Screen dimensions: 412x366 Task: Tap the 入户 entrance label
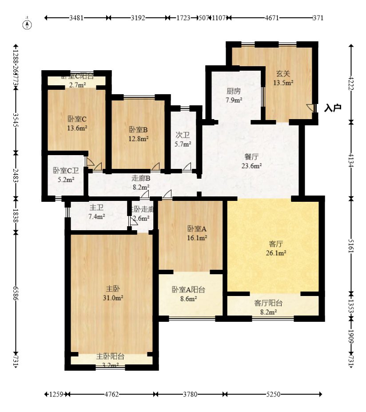click(x=332, y=108)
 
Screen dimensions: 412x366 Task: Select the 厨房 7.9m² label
click(x=234, y=96)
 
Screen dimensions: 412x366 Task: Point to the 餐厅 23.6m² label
click(x=251, y=161)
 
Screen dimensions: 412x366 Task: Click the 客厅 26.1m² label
click(x=276, y=248)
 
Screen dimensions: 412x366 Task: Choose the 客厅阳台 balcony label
click(x=268, y=308)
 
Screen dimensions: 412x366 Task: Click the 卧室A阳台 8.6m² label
click(x=188, y=294)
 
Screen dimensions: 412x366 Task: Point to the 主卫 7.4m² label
click(x=97, y=212)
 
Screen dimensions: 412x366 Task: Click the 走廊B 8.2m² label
click(x=141, y=183)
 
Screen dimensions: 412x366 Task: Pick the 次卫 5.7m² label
click(x=183, y=140)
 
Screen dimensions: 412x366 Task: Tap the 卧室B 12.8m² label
click(x=138, y=134)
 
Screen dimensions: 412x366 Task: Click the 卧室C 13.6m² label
click(x=77, y=123)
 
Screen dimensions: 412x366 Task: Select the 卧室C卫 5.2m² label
click(x=66, y=175)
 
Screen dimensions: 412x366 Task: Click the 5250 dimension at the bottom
click(x=273, y=394)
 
